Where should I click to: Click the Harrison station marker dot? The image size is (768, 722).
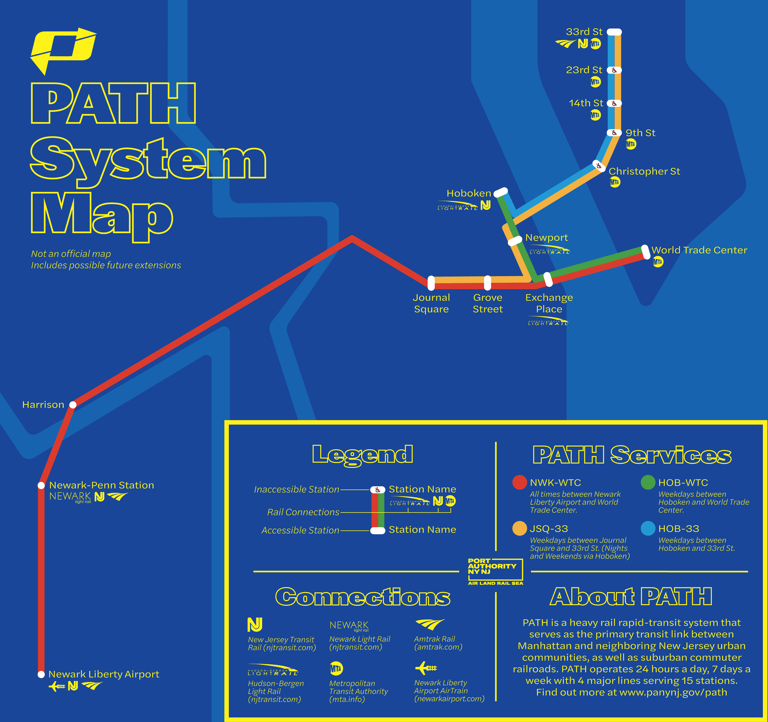coord(73,404)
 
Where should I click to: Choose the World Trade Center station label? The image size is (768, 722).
coord(699,250)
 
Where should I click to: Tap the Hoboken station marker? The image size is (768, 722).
coord(501,192)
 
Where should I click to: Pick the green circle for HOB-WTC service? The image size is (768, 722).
coord(648,482)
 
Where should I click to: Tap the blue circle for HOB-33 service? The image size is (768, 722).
coord(648,528)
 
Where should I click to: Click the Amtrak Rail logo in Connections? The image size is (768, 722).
coord(430,624)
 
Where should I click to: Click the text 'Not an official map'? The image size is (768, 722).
coord(71,254)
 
